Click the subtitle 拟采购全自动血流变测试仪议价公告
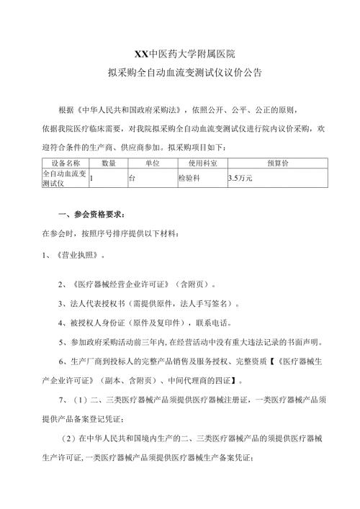180,73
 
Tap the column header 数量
109,163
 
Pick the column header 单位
152,163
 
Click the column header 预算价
277,163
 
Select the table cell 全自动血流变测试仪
65,178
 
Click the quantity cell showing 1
92,178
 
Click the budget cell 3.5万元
240,178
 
